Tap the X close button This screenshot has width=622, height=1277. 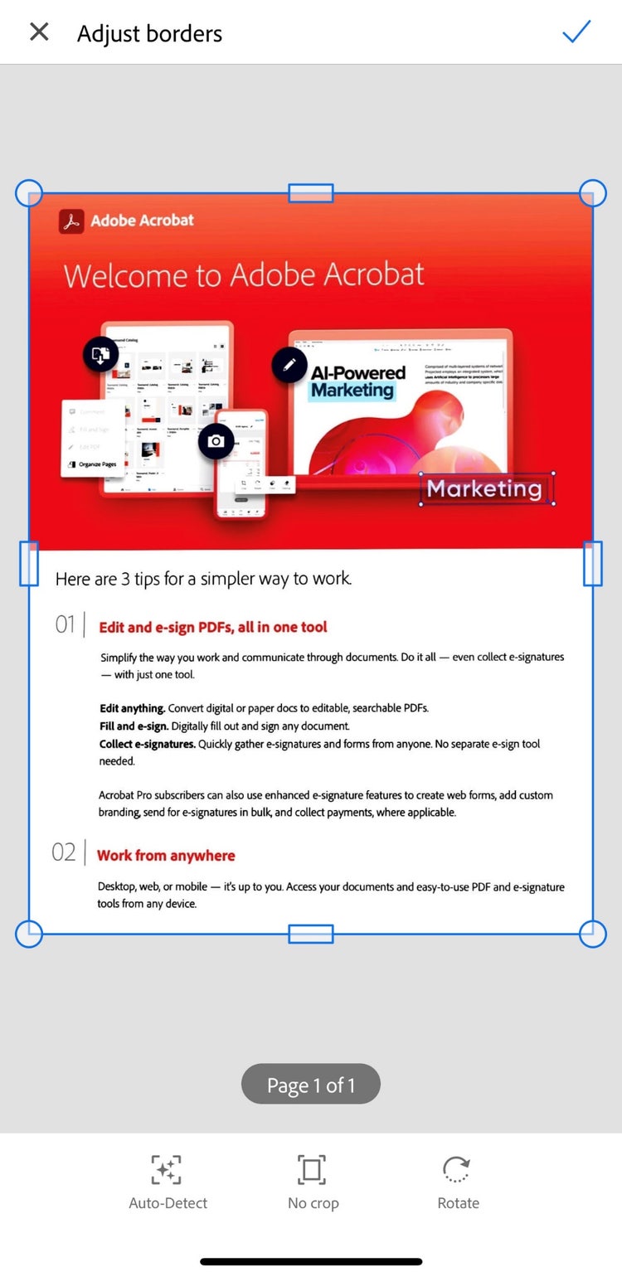(x=39, y=32)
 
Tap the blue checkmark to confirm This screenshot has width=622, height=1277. (x=576, y=32)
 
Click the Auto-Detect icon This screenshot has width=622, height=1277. (x=167, y=1170)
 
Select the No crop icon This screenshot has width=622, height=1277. (x=312, y=1170)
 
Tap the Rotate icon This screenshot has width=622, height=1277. (x=457, y=1170)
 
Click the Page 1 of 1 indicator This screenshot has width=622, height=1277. (x=311, y=1085)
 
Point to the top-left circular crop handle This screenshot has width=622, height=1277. (x=29, y=193)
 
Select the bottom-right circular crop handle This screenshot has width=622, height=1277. (x=592, y=934)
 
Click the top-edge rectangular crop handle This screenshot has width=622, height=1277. (x=311, y=193)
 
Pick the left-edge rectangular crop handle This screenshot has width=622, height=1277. (x=29, y=564)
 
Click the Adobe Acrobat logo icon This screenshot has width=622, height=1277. (x=71, y=221)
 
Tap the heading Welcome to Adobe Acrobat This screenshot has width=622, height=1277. (x=244, y=275)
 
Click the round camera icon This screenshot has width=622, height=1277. (x=216, y=441)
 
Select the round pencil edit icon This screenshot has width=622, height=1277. (x=289, y=364)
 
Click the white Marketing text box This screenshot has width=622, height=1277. (x=485, y=489)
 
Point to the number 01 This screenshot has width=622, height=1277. (x=66, y=624)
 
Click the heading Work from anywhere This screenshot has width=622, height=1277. (x=166, y=856)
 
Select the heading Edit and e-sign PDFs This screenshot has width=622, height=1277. (x=213, y=628)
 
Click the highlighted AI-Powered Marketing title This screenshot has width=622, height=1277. (x=357, y=381)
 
